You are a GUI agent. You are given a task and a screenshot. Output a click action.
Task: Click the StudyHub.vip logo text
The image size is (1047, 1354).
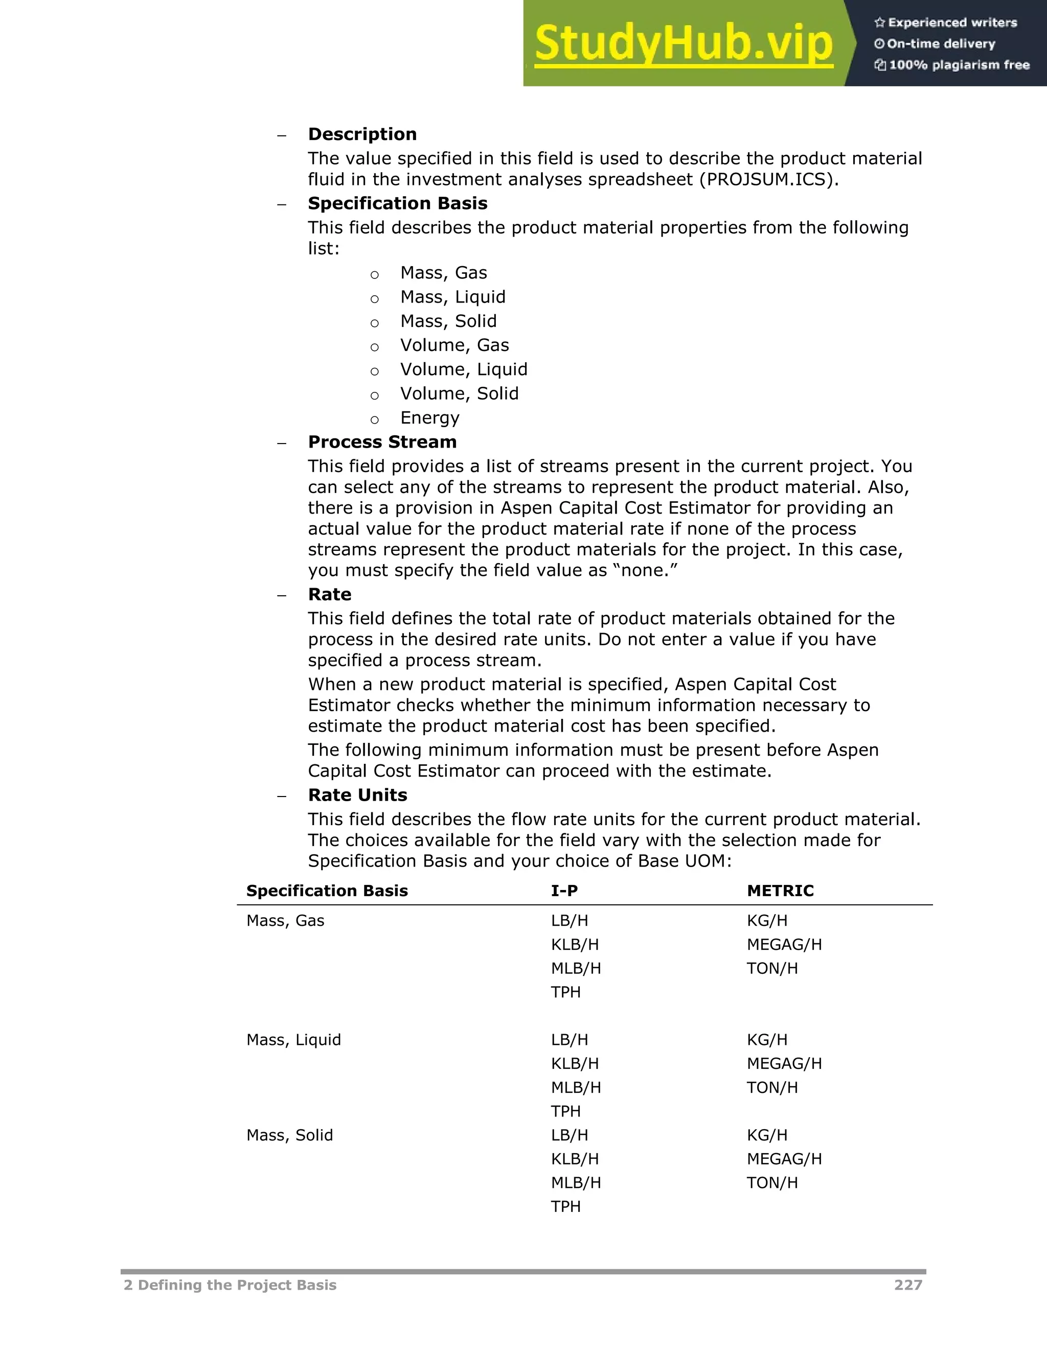(x=683, y=43)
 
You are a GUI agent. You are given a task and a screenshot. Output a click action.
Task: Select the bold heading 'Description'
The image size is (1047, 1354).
(x=362, y=134)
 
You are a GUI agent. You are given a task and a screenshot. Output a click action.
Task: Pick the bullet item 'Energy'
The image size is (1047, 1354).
(x=429, y=418)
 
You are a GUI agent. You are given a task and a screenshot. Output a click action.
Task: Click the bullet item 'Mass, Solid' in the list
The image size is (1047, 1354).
(x=448, y=321)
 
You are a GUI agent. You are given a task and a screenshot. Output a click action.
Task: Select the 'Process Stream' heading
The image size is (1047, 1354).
(x=382, y=442)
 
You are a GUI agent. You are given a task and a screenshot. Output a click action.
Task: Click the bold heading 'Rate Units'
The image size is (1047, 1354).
(x=357, y=795)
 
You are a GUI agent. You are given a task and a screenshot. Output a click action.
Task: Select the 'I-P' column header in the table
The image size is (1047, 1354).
(x=564, y=891)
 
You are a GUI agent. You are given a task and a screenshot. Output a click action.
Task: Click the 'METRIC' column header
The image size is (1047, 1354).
(x=780, y=891)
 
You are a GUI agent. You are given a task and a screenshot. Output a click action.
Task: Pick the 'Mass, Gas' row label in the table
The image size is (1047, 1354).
(x=285, y=921)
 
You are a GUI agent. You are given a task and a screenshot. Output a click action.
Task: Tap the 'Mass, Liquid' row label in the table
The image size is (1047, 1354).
(x=293, y=1040)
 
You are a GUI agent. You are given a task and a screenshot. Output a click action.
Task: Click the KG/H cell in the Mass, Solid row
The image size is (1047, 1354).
(x=767, y=1135)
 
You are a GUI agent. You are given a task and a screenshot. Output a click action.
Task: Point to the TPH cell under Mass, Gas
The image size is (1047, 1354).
(x=566, y=992)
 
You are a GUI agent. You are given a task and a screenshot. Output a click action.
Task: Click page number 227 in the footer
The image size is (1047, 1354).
(x=907, y=1285)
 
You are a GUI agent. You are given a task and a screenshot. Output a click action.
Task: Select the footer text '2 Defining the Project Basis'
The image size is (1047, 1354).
(x=230, y=1285)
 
